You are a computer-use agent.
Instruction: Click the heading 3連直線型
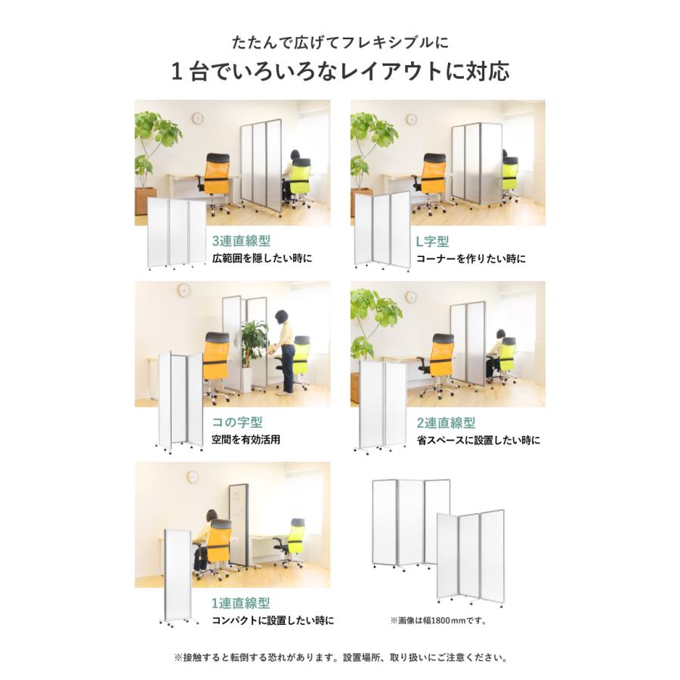[241, 242]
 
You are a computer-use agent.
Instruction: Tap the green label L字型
[433, 242]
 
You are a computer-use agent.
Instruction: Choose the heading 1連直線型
[241, 603]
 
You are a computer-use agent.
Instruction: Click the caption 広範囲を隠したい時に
[262, 259]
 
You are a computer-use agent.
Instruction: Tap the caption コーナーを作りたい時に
[471, 259]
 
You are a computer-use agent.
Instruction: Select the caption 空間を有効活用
[246, 440]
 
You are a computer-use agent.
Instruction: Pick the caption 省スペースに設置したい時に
[478, 440]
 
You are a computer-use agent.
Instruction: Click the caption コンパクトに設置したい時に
[273, 621]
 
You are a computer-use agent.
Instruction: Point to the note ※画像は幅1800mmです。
[438, 621]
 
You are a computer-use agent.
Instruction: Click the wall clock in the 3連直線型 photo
[198, 119]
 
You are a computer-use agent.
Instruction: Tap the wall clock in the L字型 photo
[411, 119]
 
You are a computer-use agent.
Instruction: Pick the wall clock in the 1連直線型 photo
[192, 477]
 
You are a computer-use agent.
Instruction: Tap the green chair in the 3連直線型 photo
[301, 180]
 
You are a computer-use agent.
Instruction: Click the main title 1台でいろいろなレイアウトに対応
[340, 72]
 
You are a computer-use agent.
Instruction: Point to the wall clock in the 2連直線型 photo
[411, 297]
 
